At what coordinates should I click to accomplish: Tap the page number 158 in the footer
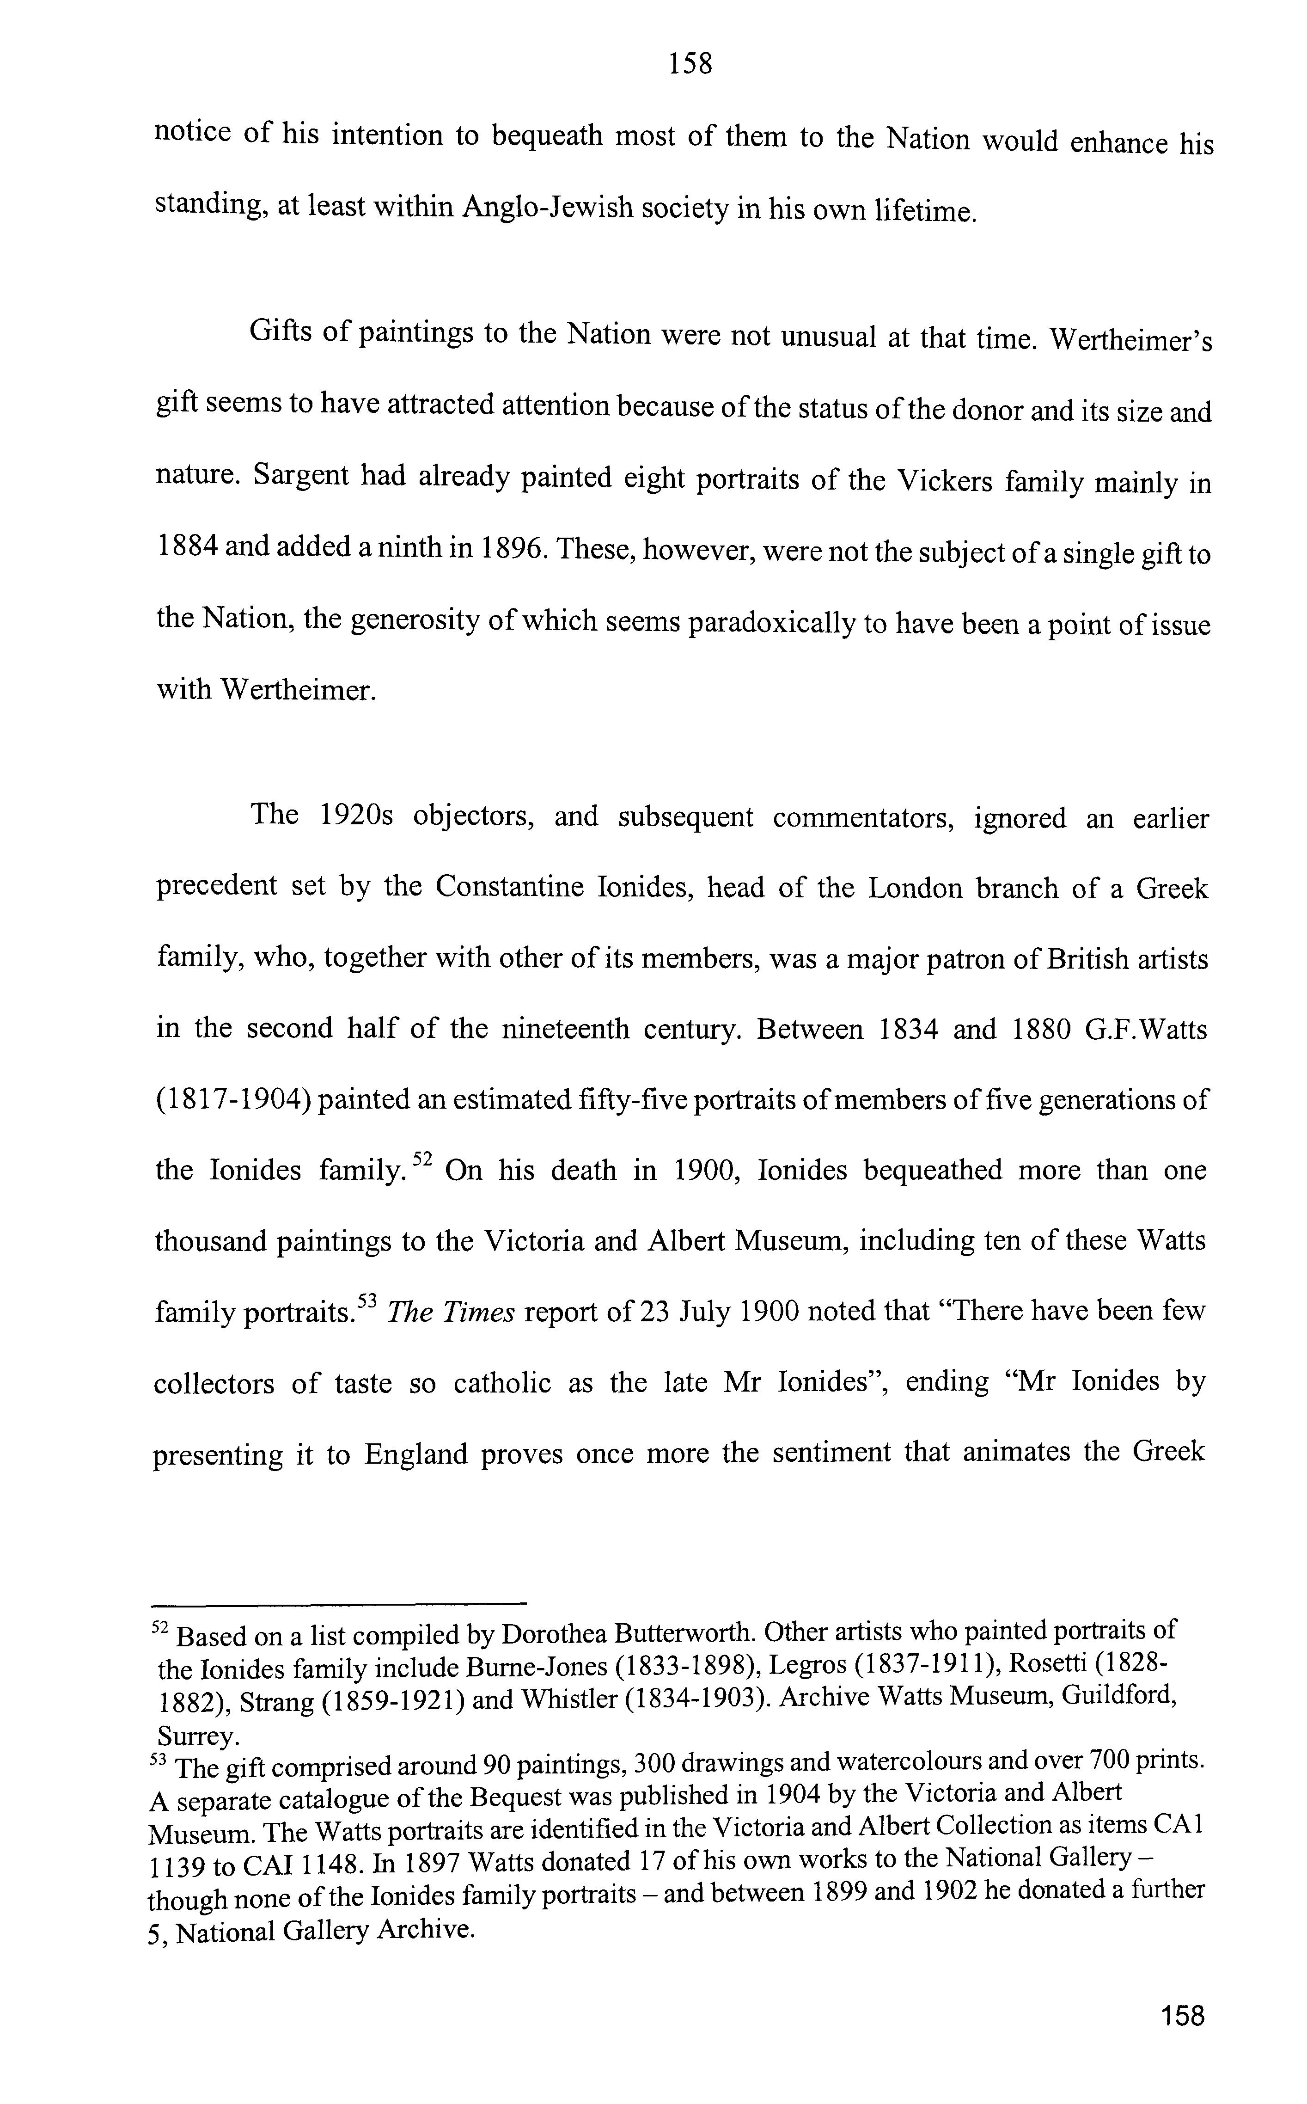pos(1183,2014)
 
